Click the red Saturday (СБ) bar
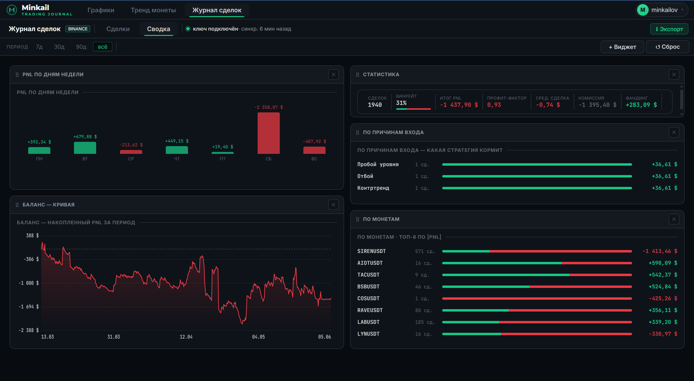(268, 133)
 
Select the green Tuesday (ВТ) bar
(85, 148)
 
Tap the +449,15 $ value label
(177, 141)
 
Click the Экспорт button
(669, 29)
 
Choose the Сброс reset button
(667, 47)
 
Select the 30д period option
(59, 47)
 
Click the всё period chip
(102, 47)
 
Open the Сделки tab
(118, 29)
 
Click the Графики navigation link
(101, 10)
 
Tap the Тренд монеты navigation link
(153, 10)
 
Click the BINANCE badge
(78, 29)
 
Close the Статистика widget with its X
(674, 75)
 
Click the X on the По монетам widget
(674, 219)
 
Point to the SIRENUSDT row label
(372, 251)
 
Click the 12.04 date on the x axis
(186, 337)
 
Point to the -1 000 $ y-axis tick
(29, 283)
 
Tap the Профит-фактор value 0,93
(494, 105)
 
